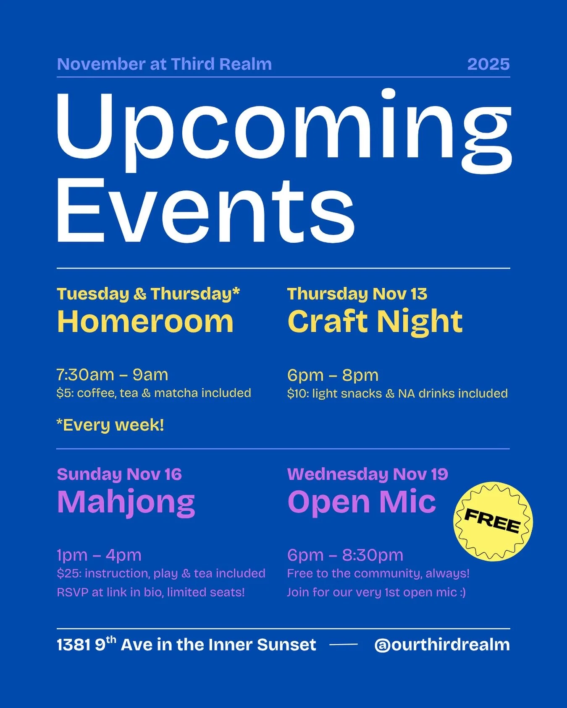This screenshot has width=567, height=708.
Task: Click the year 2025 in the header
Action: tap(488, 64)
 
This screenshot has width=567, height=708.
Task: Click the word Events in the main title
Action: tap(206, 210)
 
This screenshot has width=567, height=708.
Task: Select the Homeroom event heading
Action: tap(145, 322)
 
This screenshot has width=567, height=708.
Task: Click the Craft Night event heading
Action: tap(375, 322)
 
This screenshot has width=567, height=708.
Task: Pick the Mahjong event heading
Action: tap(126, 502)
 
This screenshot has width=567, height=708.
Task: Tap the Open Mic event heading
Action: tap(362, 502)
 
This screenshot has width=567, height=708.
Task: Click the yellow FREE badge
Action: tap(493, 521)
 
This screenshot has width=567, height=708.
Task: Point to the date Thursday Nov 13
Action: tap(357, 294)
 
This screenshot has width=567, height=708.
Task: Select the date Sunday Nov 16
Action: tap(119, 474)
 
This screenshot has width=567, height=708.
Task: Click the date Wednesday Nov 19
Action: tap(367, 474)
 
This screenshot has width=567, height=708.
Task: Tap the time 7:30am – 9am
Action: tap(113, 375)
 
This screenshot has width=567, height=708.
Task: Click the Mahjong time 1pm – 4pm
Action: tap(99, 555)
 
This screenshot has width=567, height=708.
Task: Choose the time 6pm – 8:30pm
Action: tap(345, 555)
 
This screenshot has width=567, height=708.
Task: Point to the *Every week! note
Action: tap(110, 425)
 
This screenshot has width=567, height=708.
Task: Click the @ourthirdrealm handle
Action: tap(442, 645)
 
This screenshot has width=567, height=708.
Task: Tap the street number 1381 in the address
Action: tap(73, 645)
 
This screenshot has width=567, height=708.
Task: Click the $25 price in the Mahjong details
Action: tap(67, 573)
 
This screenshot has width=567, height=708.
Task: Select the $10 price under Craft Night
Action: tap(297, 393)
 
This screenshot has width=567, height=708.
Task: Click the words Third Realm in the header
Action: tap(221, 64)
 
